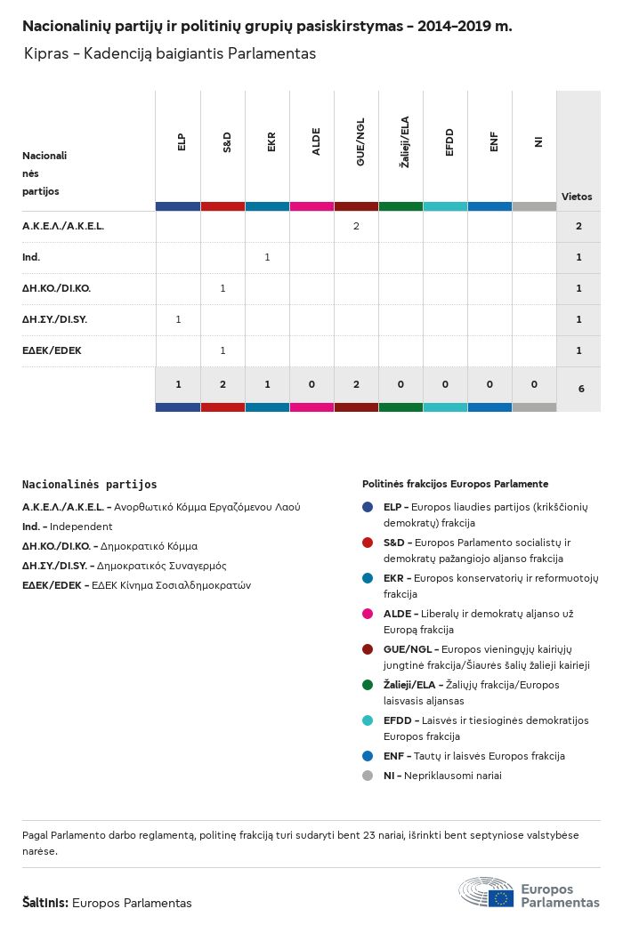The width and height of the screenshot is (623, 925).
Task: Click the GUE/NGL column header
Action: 360,148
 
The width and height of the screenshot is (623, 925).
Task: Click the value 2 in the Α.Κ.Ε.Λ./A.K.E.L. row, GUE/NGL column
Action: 356,226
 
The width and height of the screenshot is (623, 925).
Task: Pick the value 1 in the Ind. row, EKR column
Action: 267,257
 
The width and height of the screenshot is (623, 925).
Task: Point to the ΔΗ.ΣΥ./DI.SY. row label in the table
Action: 54,319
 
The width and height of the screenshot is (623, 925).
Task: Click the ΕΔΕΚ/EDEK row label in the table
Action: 52,350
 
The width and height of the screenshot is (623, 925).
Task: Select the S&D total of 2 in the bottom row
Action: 222,384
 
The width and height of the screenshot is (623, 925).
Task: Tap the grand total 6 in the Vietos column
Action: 579,389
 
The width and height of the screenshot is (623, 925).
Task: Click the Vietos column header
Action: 577,197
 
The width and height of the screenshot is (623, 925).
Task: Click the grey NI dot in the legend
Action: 368,775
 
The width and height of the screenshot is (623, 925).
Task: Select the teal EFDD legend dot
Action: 368,720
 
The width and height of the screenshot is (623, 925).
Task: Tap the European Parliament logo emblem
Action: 486,892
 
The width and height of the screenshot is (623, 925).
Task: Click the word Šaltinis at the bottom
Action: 44,903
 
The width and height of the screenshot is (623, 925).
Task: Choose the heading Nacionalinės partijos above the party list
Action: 89,485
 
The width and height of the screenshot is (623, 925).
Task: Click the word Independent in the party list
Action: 81,527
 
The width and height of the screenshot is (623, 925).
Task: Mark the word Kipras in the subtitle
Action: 45,53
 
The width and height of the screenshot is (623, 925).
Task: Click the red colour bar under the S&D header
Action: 222,206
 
